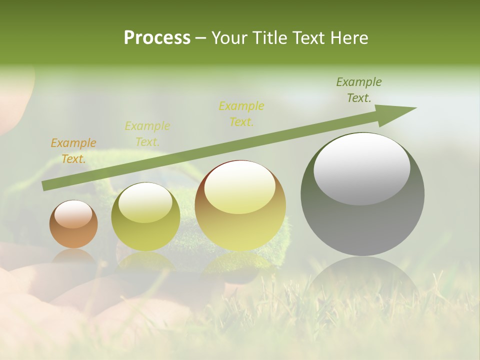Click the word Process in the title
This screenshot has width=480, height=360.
157,38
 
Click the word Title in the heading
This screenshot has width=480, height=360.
269,38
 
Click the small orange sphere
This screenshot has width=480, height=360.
73,224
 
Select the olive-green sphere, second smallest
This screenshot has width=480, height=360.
145,216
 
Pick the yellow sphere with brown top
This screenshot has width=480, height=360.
240,205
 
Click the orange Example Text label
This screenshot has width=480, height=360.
73,150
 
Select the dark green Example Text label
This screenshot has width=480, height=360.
359,90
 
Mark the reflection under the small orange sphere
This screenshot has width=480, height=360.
74,257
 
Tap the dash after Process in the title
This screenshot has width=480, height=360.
201,38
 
